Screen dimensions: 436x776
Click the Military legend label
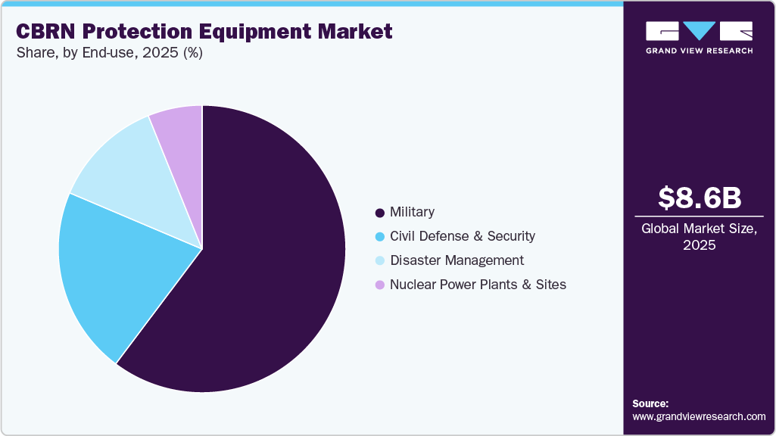[412, 212]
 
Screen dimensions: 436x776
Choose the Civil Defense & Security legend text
[462, 236]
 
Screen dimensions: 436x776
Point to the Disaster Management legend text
[457, 260]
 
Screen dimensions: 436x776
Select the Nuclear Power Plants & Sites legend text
[478, 285]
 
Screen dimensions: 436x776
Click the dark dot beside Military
[379, 213]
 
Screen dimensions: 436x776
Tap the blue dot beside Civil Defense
[379, 237]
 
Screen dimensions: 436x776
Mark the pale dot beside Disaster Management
[379, 261]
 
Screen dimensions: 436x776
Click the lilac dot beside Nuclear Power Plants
[379, 285]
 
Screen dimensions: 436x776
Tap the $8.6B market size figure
[699, 198]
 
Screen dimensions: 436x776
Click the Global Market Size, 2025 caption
[699, 237]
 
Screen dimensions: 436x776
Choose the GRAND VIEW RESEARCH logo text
[699, 51]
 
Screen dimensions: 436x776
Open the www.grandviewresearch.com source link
[699, 417]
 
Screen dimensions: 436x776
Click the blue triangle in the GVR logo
[700, 30]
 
